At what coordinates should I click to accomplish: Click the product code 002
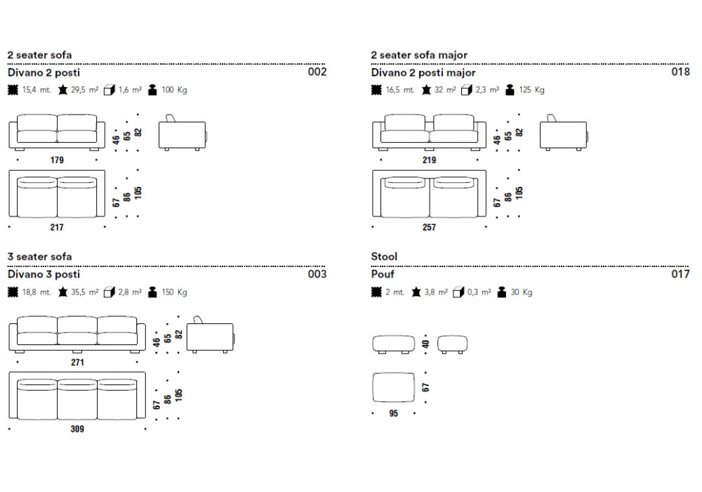click(317, 72)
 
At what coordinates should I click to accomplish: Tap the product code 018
click(681, 72)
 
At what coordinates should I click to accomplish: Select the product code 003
click(317, 274)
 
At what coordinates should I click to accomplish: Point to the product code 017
click(681, 274)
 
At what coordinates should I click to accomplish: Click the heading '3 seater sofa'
click(39, 257)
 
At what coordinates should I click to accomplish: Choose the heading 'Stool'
click(384, 257)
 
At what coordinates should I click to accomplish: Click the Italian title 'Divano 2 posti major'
click(423, 72)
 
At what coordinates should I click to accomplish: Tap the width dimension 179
click(57, 160)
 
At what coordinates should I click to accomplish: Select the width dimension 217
click(57, 227)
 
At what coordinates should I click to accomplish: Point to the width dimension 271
click(77, 363)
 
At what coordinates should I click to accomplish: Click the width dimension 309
click(77, 429)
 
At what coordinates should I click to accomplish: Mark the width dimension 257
click(429, 227)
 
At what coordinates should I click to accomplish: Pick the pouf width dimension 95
click(393, 413)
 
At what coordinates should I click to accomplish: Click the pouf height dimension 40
click(425, 344)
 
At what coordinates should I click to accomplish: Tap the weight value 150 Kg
click(174, 292)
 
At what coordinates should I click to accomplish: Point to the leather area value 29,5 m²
click(84, 90)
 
